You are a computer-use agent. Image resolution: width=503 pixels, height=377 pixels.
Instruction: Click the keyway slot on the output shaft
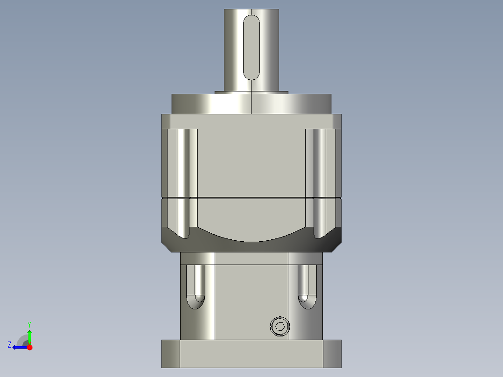point(251,47)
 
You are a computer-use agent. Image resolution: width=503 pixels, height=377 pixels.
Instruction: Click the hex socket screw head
point(280,326)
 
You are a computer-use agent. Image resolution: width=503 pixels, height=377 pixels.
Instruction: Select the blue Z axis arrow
point(19,347)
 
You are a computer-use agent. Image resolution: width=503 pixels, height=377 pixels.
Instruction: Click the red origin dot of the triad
point(30,347)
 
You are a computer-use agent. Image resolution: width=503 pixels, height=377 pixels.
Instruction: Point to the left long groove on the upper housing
point(183,182)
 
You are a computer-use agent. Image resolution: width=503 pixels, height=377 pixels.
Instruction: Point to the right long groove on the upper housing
point(320,182)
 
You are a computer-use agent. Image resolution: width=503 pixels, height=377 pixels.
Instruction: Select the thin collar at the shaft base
point(251,92)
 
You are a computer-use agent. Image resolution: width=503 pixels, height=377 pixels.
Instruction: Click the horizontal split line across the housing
point(251,198)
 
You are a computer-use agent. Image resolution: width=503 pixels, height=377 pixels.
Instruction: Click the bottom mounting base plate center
point(251,354)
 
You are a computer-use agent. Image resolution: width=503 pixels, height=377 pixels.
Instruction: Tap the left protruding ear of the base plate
point(170,354)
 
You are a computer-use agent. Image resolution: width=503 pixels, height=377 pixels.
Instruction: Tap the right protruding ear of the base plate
point(332,354)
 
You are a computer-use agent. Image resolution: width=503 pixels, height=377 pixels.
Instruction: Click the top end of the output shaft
point(251,11)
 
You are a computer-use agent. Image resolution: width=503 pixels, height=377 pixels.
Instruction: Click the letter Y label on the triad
point(29,324)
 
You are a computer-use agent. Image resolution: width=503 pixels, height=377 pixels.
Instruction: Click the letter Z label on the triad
point(9,345)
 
